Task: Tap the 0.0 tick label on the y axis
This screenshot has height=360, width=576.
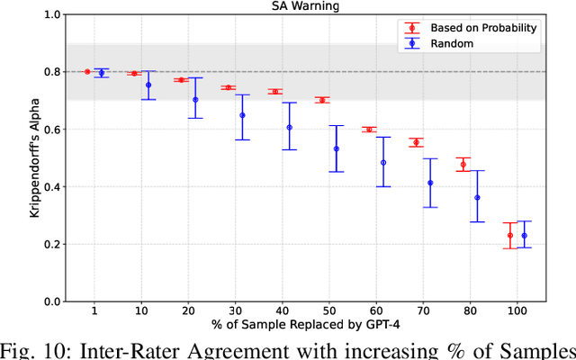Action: point(54,301)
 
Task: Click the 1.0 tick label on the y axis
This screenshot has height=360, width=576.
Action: point(54,15)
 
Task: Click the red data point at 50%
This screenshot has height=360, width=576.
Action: point(321,100)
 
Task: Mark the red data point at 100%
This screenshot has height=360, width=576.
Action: point(510,236)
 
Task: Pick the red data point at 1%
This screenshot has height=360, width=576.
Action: point(87,71)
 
